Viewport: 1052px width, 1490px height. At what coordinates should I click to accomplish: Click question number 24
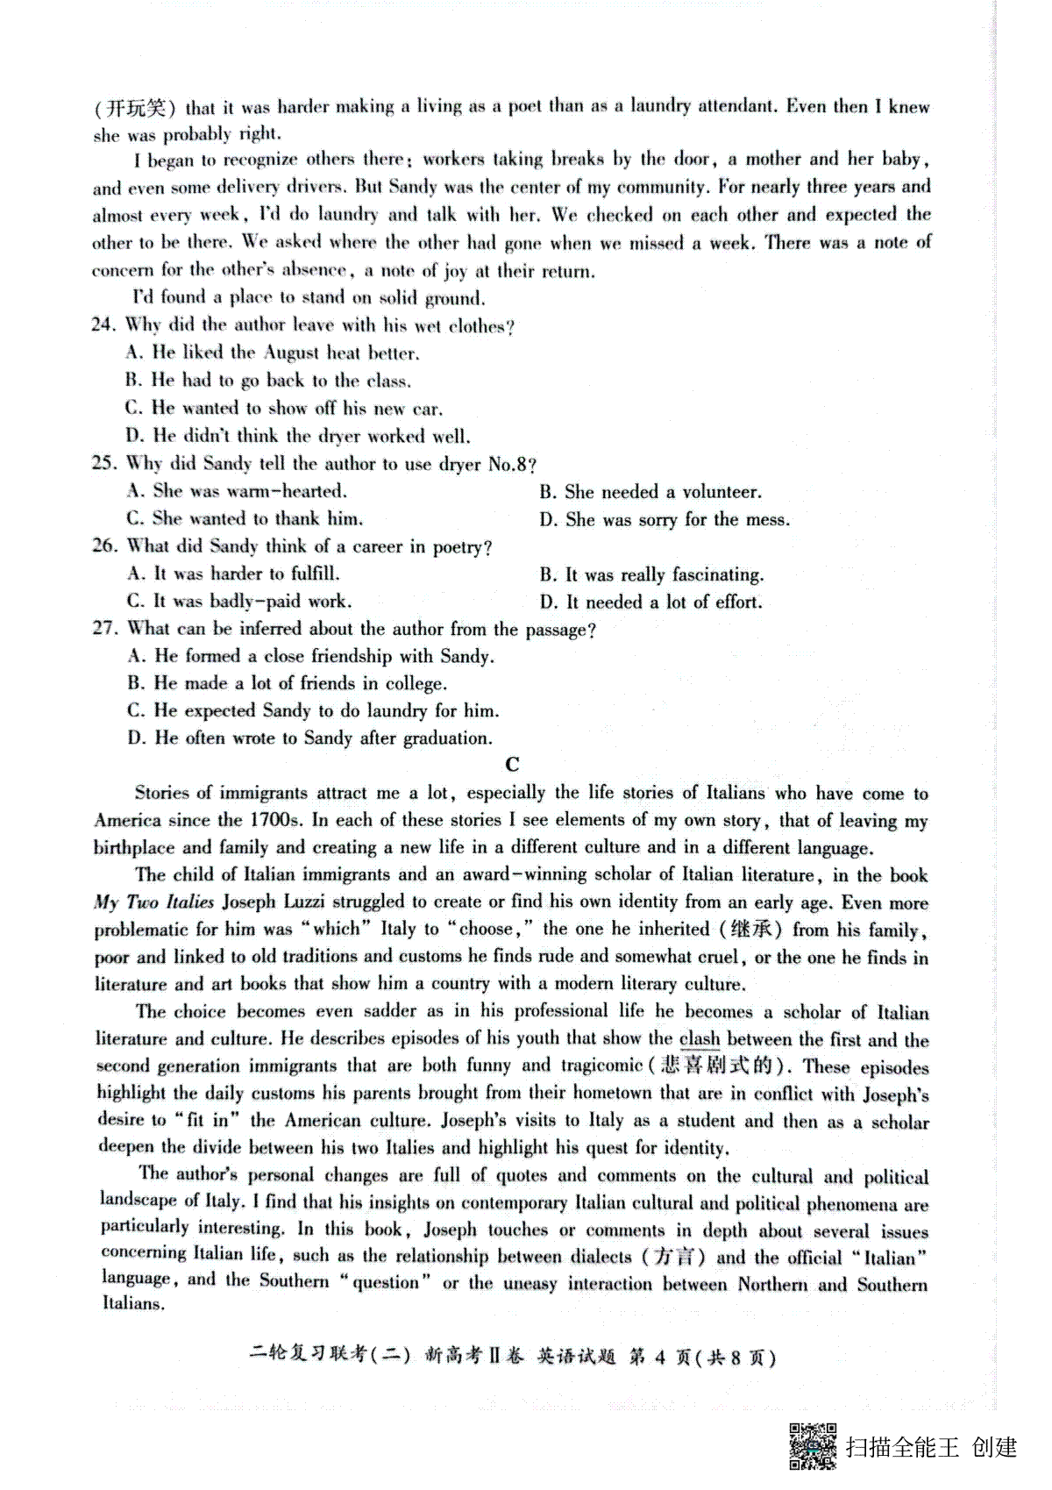(104, 324)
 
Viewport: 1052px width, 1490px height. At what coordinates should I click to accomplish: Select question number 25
(104, 462)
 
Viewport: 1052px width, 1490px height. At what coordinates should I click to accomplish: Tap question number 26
(104, 545)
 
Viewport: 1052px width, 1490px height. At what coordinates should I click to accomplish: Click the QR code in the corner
(813, 1445)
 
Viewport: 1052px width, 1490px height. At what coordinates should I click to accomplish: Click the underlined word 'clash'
(700, 1039)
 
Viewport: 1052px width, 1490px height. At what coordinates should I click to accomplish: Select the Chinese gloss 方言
(679, 1257)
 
